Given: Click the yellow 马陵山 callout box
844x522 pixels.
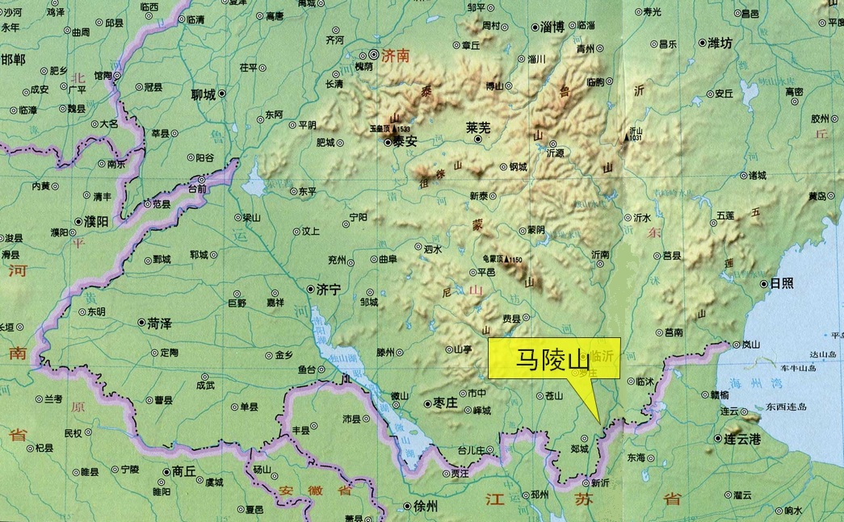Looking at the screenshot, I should pos(554,357).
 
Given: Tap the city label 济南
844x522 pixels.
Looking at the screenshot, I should pos(397,56).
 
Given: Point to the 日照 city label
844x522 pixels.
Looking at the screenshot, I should pos(782,283).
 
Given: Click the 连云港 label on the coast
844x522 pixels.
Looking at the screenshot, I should pos(743,438).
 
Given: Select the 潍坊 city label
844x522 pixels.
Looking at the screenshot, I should pos(720,44).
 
